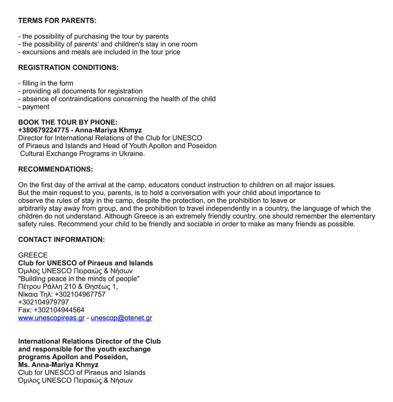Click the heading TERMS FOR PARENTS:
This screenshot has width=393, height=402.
point(57,20)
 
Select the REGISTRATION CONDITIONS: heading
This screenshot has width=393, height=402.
point(68,68)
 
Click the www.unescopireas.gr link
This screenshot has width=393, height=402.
point(51,318)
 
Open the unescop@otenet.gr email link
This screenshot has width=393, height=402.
point(121,318)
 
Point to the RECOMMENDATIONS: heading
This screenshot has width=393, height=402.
point(55,169)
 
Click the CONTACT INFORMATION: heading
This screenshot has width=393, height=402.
point(61,240)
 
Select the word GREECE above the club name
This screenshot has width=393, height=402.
point(33,255)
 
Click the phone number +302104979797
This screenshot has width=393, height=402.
point(43,302)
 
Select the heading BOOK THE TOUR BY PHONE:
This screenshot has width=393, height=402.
point(68,123)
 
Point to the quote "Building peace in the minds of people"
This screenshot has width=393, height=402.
point(79,279)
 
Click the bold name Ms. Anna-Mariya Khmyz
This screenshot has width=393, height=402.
point(58,365)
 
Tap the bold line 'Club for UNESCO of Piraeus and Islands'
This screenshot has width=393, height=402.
point(85,263)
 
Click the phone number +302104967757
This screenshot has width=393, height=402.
point(80,294)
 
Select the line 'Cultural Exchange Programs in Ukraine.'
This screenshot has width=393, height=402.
point(83,154)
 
